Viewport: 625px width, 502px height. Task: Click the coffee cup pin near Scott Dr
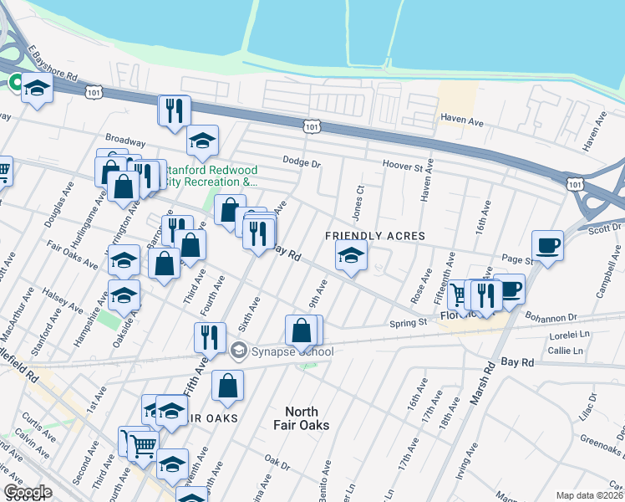(x=547, y=246)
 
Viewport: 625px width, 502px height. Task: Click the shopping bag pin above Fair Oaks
(x=227, y=387)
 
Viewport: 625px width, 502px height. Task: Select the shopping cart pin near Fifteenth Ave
(x=459, y=295)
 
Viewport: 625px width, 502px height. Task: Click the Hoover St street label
(x=404, y=166)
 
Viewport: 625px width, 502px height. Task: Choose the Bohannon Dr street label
(x=551, y=317)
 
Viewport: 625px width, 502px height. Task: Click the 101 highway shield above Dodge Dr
(x=311, y=126)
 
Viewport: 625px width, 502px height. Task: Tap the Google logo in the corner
(x=27, y=492)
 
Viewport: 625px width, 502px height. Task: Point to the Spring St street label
(x=409, y=322)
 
